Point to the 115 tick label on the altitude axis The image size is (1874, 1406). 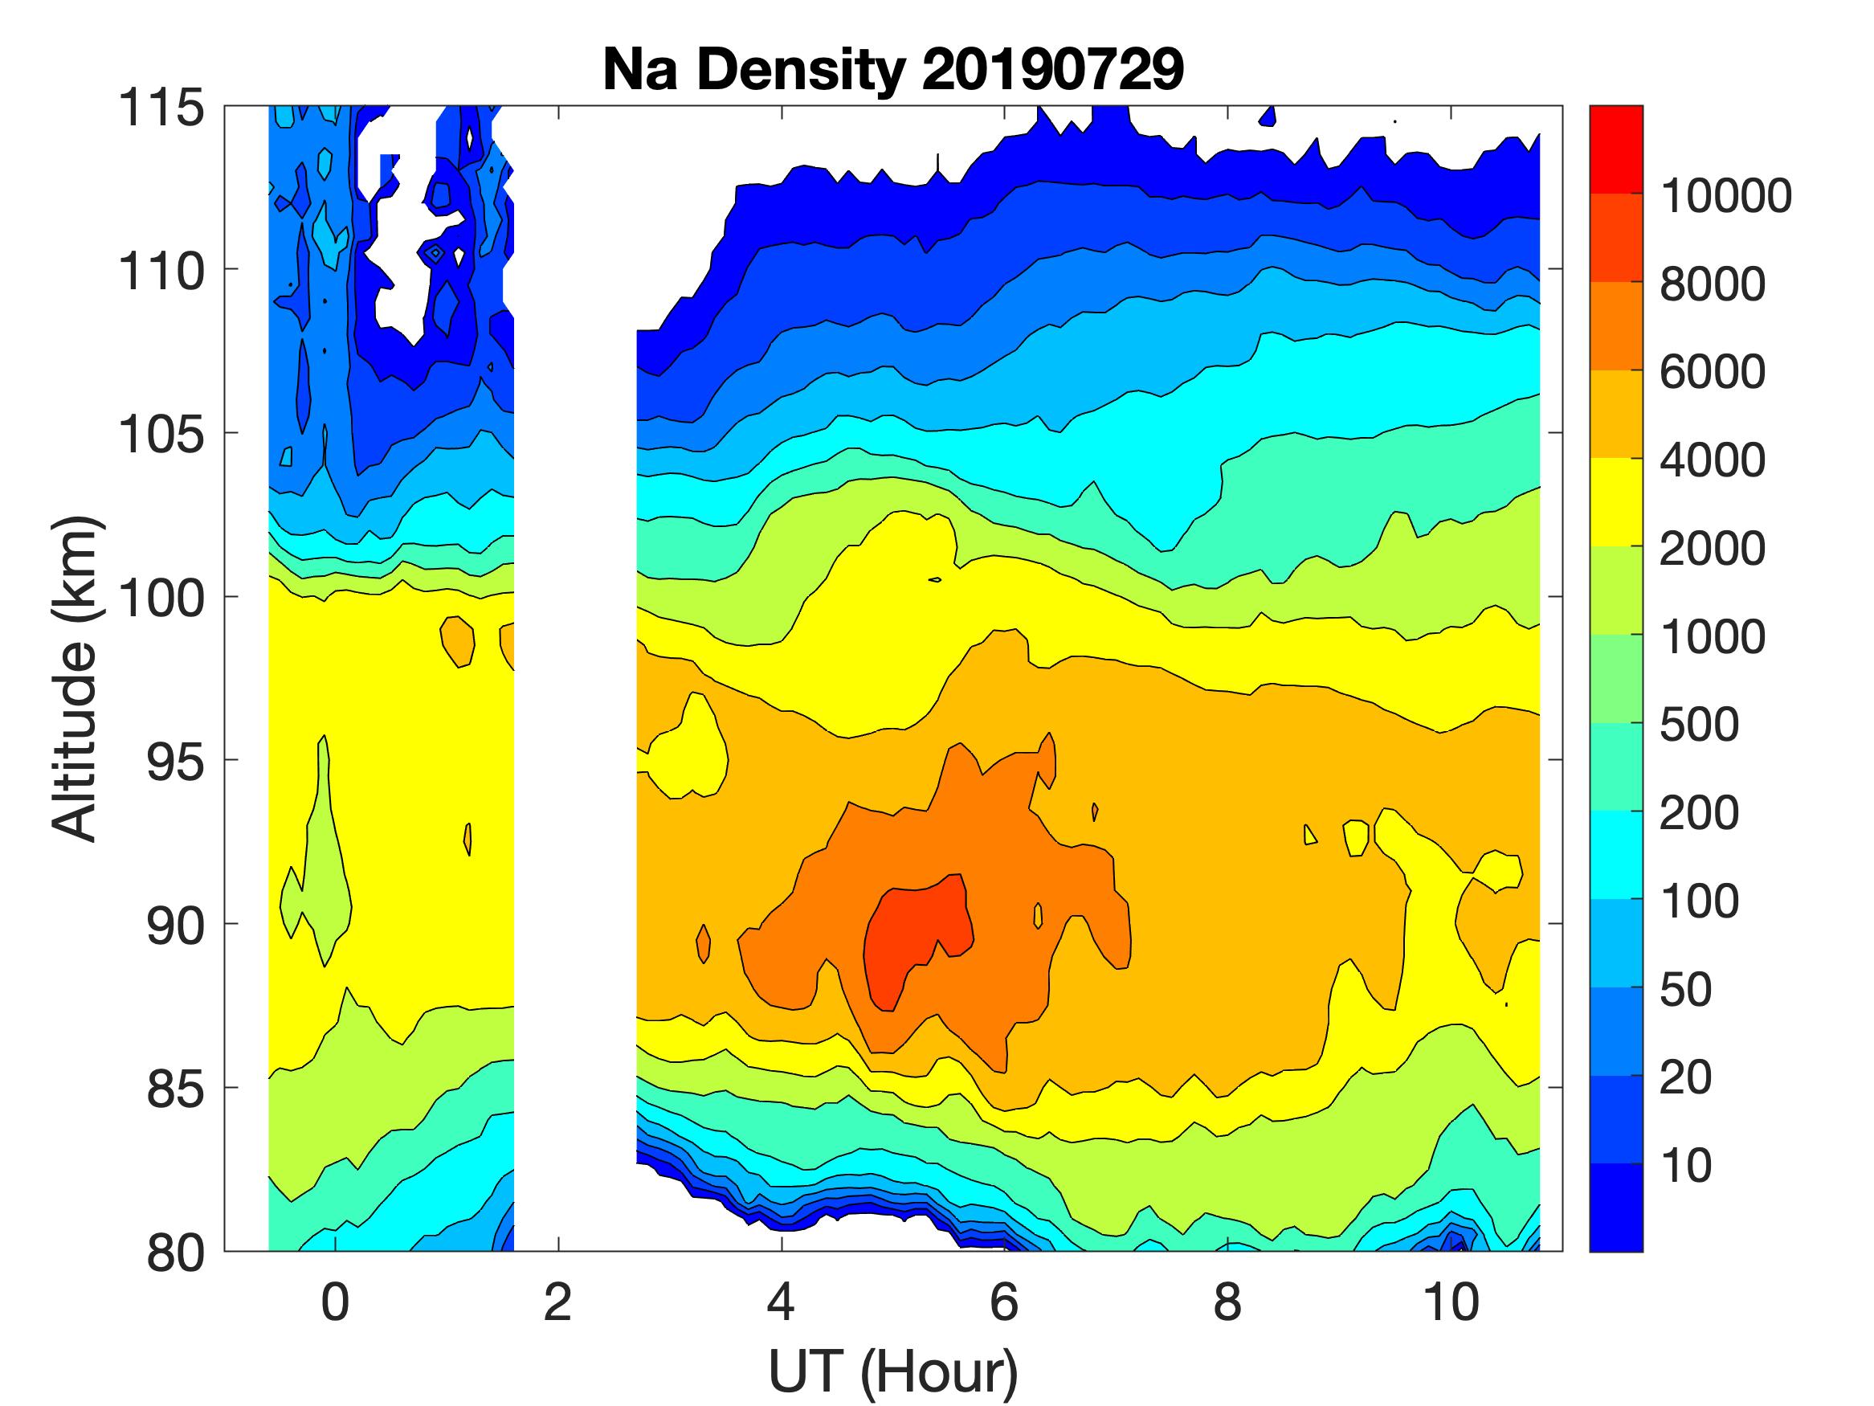pyautogui.click(x=161, y=108)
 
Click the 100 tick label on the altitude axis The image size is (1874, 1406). pyautogui.click(x=161, y=599)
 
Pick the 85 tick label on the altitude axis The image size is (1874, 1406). pyautogui.click(x=175, y=1089)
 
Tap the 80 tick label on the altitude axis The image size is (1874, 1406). pyautogui.click(x=175, y=1253)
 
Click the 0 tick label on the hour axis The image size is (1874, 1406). pyautogui.click(x=335, y=1302)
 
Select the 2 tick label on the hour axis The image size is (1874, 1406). pyautogui.click(x=557, y=1302)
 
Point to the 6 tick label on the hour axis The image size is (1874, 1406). pyautogui.click(x=1004, y=1302)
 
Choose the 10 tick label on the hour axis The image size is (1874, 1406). pyautogui.click(x=1451, y=1302)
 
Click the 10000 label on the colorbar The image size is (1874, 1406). pyautogui.click(x=1725, y=196)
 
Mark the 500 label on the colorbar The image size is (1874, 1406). pyautogui.click(x=1699, y=725)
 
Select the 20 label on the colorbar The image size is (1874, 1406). pyautogui.click(x=1685, y=1077)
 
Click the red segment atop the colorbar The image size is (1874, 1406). pyautogui.click(x=1615, y=149)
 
